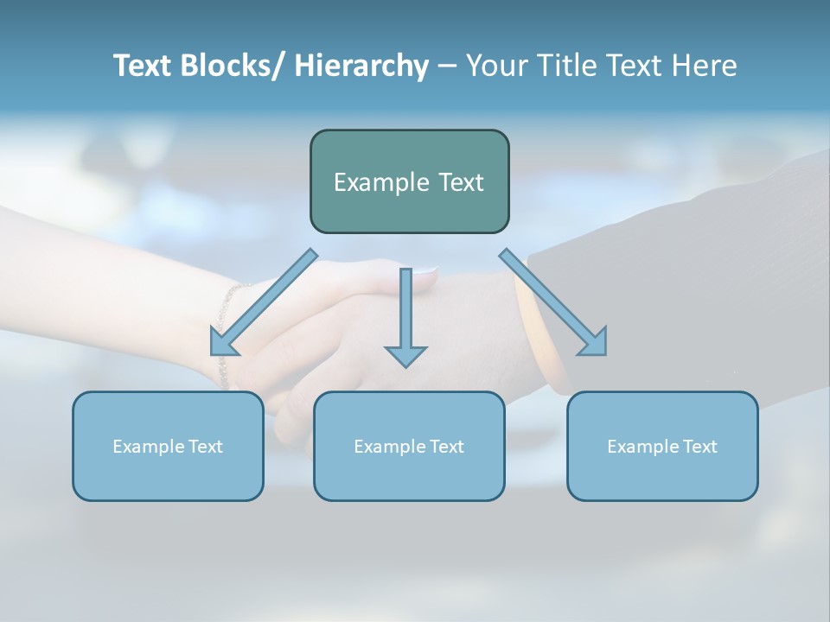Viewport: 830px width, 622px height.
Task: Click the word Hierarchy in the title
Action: point(361,66)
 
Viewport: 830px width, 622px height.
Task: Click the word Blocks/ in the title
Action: point(230,66)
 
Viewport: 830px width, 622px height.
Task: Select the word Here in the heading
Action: point(705,66)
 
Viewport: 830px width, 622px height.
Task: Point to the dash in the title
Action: point(447,67)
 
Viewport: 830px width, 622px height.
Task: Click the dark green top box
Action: point(409,181)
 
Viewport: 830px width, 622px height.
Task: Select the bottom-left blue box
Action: point(168,446)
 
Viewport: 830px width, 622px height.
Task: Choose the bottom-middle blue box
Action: point(409,446)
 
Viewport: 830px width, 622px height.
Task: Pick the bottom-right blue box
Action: point(662,446)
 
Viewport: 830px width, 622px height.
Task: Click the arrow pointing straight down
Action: point(405,311)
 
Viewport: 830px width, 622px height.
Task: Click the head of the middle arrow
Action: point(405,356)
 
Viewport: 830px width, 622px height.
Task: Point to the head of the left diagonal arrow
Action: point(222,344)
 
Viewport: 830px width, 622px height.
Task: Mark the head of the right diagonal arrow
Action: point(595,343)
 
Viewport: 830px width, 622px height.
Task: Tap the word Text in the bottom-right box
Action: point(699,447)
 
